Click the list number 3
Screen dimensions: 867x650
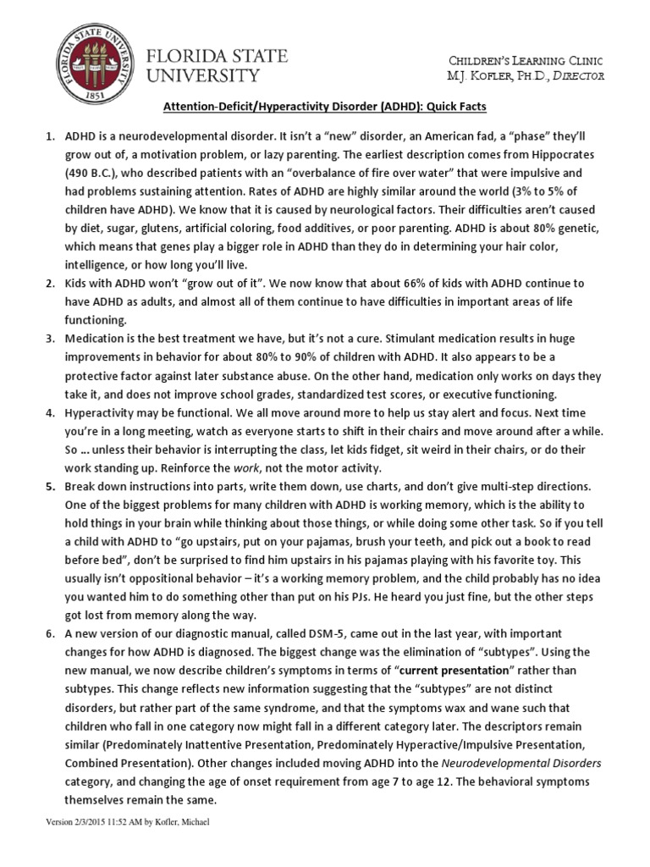49,338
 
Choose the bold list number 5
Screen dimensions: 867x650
49,487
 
